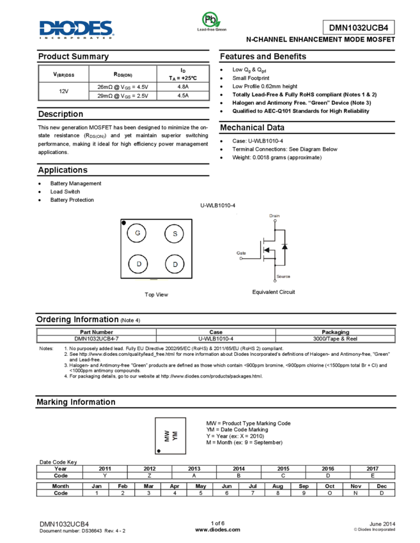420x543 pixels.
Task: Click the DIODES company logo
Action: [77, 28]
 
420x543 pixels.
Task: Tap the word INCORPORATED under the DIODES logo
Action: [77, 38]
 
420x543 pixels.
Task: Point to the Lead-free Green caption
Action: [212, 30]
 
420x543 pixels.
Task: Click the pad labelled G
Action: [137, 233]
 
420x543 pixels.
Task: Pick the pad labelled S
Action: [175, 234]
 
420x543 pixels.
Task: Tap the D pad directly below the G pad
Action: [138, 264]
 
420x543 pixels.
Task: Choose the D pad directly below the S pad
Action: [175, 264]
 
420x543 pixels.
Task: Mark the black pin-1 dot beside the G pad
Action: [123, 223]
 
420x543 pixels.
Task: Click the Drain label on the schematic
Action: [275, 216]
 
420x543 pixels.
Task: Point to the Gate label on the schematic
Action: [241, 253]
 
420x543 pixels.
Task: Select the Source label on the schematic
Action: [283, 277]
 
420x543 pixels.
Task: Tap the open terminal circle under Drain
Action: [275, 221]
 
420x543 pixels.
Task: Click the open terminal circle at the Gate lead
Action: [241, 259]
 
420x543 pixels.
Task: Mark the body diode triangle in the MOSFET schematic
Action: [284, 246]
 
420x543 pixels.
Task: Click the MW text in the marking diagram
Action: [167, 436]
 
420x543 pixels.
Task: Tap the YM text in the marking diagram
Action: [175, 436]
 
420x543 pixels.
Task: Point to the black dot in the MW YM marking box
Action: [159, 451]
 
